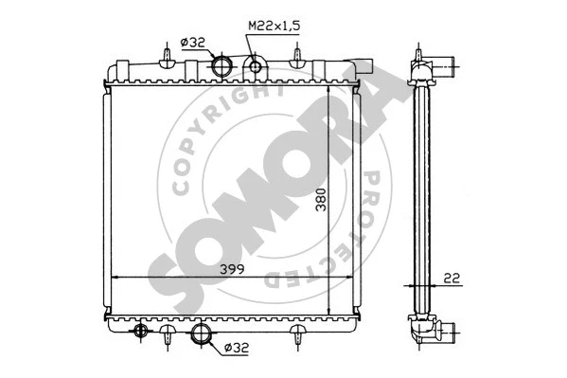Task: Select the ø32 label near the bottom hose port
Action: tap(238, 349)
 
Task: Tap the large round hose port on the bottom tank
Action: tap(202, 333)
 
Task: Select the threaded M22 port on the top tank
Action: tap(255, 66)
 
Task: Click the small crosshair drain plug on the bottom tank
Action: tap(141, 331)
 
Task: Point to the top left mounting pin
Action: tap(167, 59)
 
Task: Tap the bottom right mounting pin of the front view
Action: tap(298, 335)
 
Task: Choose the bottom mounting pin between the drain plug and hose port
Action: tap(167, 335)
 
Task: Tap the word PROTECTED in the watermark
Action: tap(346, 227)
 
